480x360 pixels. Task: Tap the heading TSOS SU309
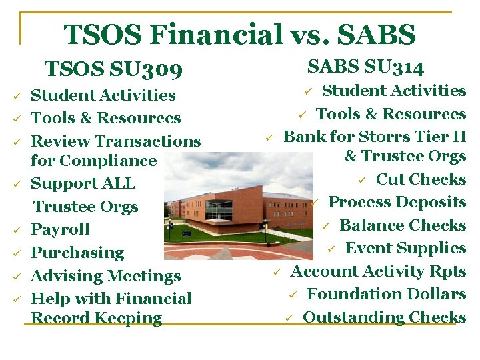[x=113, y=69]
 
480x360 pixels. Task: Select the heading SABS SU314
[x=365, y=66]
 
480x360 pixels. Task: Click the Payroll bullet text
[x=61, y=229]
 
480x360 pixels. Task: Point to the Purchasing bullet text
[x=77, y=253]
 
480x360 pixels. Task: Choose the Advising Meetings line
[x=106, y=275]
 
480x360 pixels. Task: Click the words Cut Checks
[x=421, y=179]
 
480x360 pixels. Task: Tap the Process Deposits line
[x=397, y=202]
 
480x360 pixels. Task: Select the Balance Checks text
[x=403, y=225]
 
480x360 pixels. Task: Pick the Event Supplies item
[x=405, y=248]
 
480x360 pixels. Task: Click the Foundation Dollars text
[x=386, y=294]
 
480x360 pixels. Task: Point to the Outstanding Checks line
[x=384, y=317]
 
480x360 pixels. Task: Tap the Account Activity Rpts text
[x=378, y=271]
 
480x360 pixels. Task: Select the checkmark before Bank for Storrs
[x=270, y=137]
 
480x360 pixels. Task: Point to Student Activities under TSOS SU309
[x=103, y=95]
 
